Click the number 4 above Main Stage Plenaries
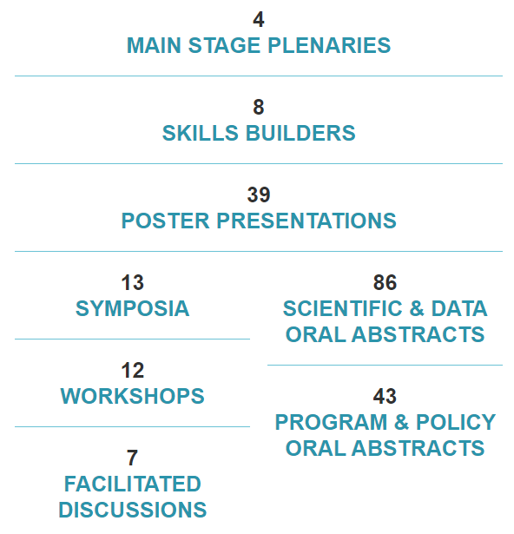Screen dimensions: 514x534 (259, 19)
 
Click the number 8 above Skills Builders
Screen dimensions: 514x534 (259, 107)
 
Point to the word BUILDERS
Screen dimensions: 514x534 (300, 133)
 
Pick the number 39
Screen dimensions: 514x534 (259, 194)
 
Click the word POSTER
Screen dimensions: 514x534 (165, 221)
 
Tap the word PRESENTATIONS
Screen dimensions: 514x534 (306, 221)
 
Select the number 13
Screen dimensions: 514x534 (133, 282)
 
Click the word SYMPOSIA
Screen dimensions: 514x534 (133, 308)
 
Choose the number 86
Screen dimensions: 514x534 (385, 282)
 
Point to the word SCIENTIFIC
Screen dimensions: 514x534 (343, 308)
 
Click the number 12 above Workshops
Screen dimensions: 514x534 (133, 370)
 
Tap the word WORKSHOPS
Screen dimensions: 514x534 (133, 396)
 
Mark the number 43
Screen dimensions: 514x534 (385, 396)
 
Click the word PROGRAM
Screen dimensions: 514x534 (331, 422)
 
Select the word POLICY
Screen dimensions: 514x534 (456, 422)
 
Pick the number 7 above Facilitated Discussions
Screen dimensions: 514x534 (133, 458)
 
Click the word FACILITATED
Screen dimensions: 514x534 (133, 484)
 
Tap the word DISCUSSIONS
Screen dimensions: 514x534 (133, 510)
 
